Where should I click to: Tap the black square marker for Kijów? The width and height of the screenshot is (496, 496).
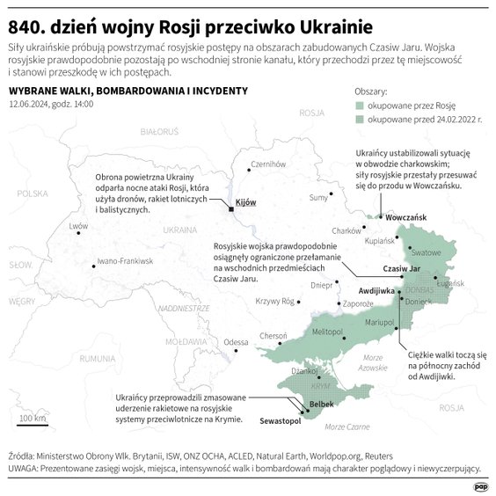(230, 209)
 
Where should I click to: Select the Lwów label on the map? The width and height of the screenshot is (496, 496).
(79, 225)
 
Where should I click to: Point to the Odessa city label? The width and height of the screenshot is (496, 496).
(236, 341)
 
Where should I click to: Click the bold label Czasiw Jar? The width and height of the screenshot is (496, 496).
(402, 268)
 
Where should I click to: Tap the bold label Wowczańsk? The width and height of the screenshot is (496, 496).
(405, 216)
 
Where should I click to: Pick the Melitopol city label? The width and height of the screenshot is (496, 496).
(326, 330)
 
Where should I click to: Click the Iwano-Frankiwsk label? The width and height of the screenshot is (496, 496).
(126, 262)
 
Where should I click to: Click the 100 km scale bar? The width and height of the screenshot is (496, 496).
(33, 422)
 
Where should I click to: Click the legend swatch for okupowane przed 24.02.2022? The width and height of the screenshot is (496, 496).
(361, 120)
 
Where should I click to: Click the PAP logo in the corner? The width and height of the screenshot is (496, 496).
(480, 485)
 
